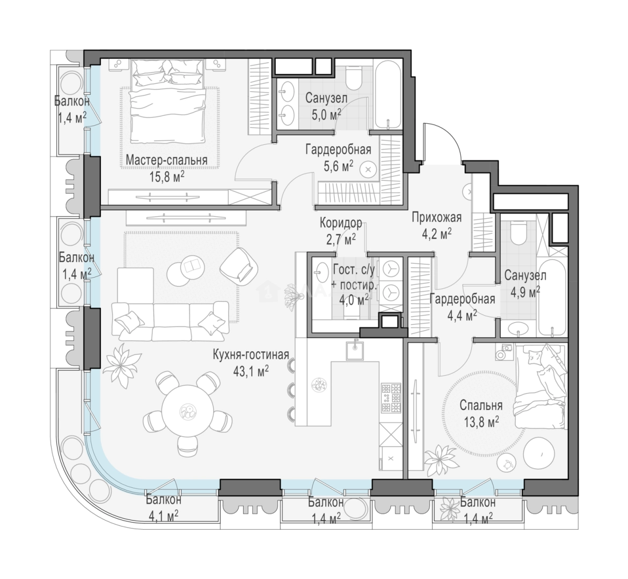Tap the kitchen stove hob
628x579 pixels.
(391, 398)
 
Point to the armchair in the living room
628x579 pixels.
(239, 264)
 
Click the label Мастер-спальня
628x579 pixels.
(166, 160)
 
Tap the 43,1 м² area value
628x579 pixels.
(251, 371)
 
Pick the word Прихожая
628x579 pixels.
(437, 218)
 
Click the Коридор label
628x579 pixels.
(341, 223)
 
